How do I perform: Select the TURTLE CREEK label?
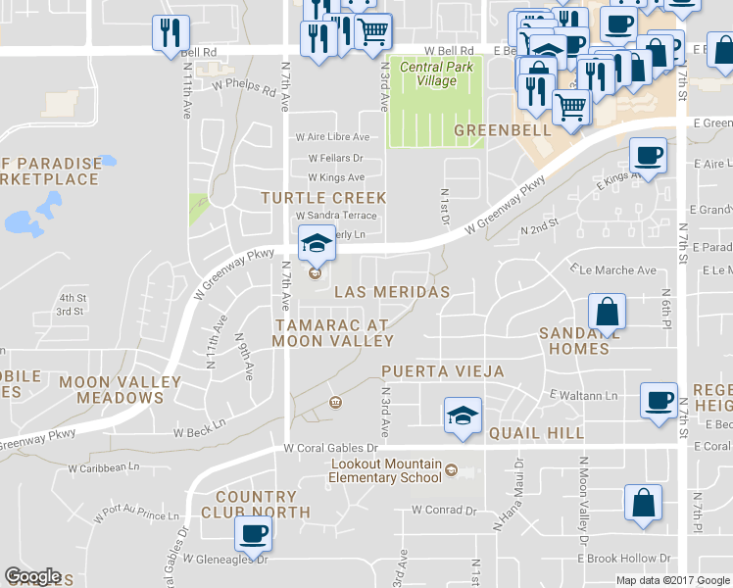click(323, 198)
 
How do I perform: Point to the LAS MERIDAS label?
click(392, 292)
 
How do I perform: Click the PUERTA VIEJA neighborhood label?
click(443, 371)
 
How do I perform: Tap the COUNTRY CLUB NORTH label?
click(256, 505)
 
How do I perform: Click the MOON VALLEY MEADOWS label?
click(120, 389)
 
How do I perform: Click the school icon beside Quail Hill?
click(463, 415)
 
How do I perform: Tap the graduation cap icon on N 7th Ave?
click(316, 242)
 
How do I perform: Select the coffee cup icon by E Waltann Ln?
click(659, 399)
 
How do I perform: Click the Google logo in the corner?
click(33, 576)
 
